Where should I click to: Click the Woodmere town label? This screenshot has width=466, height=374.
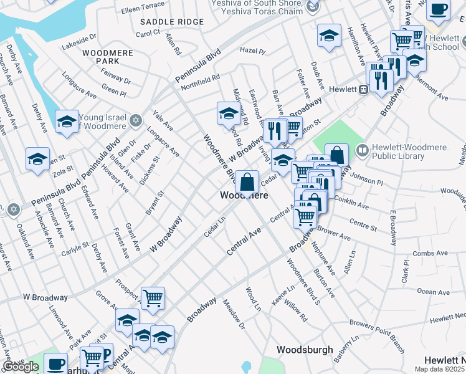point(245,196)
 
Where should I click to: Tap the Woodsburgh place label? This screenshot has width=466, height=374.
point(305,350)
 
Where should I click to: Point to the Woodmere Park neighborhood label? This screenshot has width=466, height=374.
point(110,57)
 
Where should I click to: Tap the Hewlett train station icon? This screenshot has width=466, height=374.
point(363,89)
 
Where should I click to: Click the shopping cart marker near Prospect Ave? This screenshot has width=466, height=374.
point(153,297)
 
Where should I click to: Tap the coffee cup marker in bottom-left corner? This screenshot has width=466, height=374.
point(55,363)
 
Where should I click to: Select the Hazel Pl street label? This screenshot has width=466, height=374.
point(252,51)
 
